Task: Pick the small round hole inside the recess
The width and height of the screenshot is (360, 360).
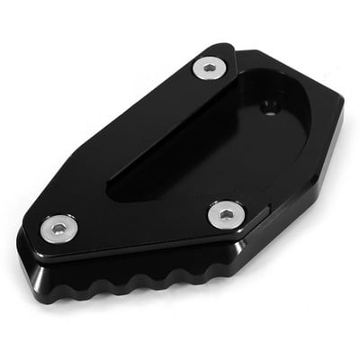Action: tap(267, 107)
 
